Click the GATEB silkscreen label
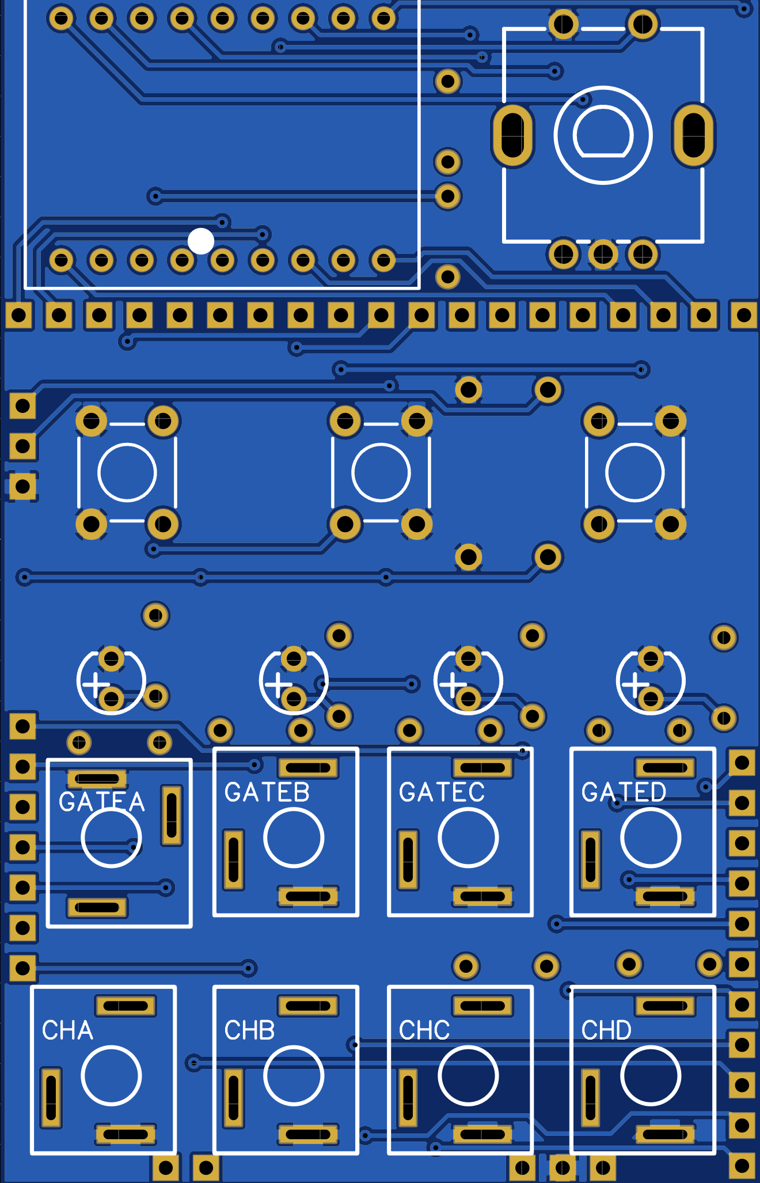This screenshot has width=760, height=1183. (267, 793)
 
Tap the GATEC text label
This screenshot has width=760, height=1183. (442, 793)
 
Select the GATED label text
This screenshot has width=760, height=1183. (624, 793)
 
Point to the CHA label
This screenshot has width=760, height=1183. (67, 1030)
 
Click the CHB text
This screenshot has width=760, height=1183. (249, 1030)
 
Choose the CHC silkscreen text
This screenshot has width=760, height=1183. (424, 1030)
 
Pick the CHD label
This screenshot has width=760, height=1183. (606, 1030)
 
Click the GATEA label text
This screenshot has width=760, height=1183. (101, 802)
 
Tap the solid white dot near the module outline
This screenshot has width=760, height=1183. (201, 241)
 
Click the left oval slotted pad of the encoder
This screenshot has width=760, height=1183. (512, 135)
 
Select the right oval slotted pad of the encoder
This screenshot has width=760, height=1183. (693, 135)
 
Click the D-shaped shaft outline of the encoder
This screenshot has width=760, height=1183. (603, 134)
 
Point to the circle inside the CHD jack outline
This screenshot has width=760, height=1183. (651, 1075)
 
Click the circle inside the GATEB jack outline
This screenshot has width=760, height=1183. (294, 837)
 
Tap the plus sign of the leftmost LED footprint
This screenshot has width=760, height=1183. (96, 684)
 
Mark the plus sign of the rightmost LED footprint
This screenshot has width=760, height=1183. (635, 684)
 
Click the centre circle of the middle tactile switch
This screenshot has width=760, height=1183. (381, 472)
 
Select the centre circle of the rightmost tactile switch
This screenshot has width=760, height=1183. (634, 472)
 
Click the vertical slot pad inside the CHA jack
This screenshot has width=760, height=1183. (51, 1097)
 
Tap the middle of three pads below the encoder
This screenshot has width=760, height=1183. (603, 253)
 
